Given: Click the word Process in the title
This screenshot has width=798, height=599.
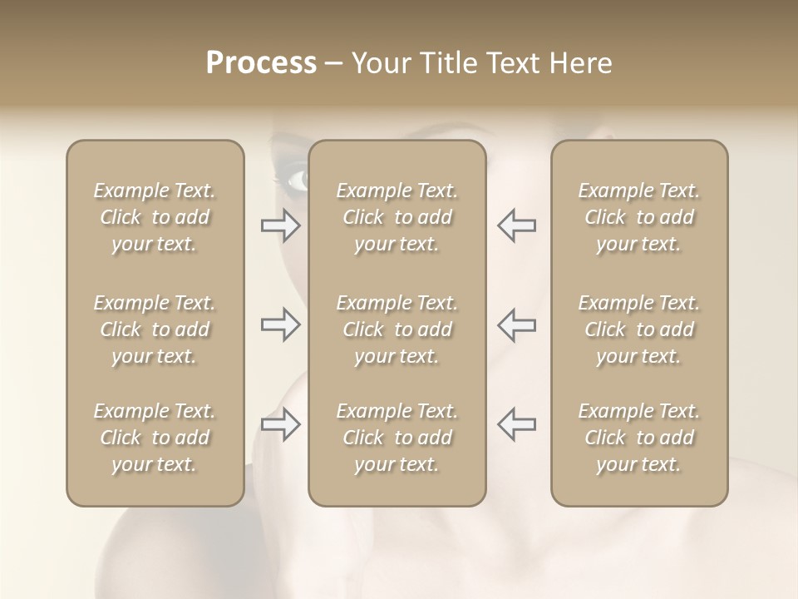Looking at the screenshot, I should pyautogui.click(x=261, y=63).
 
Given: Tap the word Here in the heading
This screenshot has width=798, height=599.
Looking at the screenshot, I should pyautogui.click(x=582, y=63).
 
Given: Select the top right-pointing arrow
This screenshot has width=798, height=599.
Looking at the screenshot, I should pyautogui.click(x=281, y=225).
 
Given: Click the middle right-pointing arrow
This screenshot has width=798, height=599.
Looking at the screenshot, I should pyautogui.click(x=281, y=324).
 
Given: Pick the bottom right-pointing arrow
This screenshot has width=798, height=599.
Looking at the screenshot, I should pyautogui.click(x=281, y=424).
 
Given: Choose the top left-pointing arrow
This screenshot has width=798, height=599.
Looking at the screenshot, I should pyautogui.click(x=516, y=225).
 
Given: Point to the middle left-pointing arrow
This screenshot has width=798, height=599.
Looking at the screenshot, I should pyautogui.click(x=516, y=324).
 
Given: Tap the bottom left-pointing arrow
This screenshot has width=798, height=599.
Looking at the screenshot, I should pyautogui.click(x=516, y=424).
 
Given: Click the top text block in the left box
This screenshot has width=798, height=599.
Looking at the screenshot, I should pyautogui.click(x=155, y=217).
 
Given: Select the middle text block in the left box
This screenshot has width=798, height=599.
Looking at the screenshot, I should pyautogui.click(x=155, y=329).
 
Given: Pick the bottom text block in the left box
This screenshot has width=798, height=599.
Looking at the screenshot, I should pyautogui.click(x=155, y=438).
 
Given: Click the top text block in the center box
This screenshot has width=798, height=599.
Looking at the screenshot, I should pyautogui.click(x=397, y=217).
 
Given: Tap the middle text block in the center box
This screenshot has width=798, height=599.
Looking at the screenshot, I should pyautogui.click(x=397, y=329).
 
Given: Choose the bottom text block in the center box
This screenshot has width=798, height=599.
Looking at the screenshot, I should pyautogui.click(x=397, y=438).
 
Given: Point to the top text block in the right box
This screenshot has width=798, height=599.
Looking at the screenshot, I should pyautogui.click(x=638, y=217).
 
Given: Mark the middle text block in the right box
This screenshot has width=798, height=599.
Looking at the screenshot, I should pyautogui.click(x=638, y=329).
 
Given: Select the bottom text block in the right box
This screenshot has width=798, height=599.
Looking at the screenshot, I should pyautogui.click(x=638, y=438).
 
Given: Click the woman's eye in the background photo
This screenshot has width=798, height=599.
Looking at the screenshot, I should pyautogui.click(x=295, y=179).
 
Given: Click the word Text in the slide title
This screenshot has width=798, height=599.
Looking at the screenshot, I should pyautogui.click(x=515, y=63).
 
